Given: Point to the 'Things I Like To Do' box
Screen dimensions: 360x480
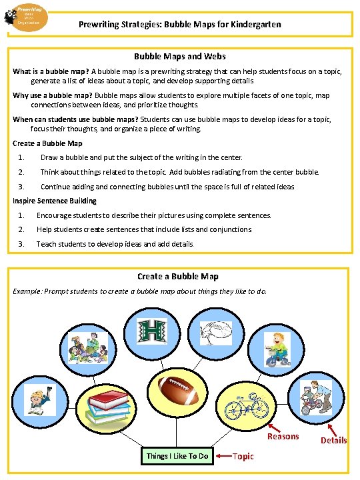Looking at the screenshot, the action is pyautogui.click(x=177, y=456).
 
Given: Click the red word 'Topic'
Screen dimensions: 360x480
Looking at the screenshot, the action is pyautogui.click(x=243, y=457).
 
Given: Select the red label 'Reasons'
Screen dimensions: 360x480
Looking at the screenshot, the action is pyautogui.click(x=283, y=437).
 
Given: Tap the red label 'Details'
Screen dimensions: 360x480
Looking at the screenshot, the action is pyautogui.click(x=333, y=440).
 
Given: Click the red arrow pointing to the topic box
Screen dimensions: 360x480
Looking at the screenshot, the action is pyautogui.click(x=224, y=456).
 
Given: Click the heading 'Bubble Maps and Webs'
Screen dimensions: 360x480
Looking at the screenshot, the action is pyautogui.click(x=180, y=57).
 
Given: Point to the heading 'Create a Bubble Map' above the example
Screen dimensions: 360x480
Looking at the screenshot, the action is pyautogui.click(x=178, y=276).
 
